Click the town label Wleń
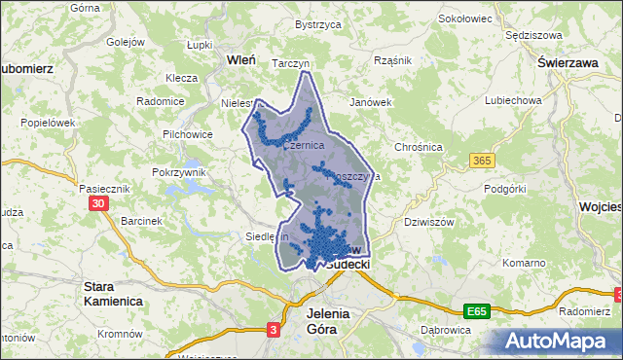coord(240,59)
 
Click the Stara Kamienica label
coord(112,294)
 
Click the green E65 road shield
coord(476,311)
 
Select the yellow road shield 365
coord(481,160)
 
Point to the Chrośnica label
coord(419,147)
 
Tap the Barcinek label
coord(140,221)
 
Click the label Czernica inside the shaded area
coord(304,145)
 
